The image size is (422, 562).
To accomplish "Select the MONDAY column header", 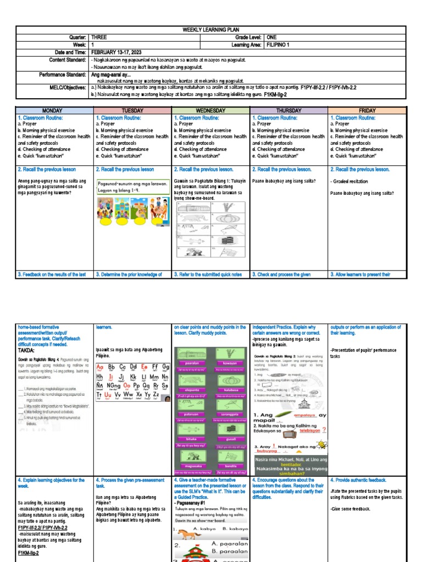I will [x=54, y=110].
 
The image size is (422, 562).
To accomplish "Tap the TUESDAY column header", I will [x=132, y=110].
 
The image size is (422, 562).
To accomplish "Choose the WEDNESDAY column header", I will [x=211, y=110].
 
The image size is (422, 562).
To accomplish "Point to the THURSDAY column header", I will [x=288, y=110].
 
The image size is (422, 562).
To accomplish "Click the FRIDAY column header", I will [x=367, y=110].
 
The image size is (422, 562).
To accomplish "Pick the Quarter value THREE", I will [x=99, y=37].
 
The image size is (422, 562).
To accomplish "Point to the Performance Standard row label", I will [x=62, y=74].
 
